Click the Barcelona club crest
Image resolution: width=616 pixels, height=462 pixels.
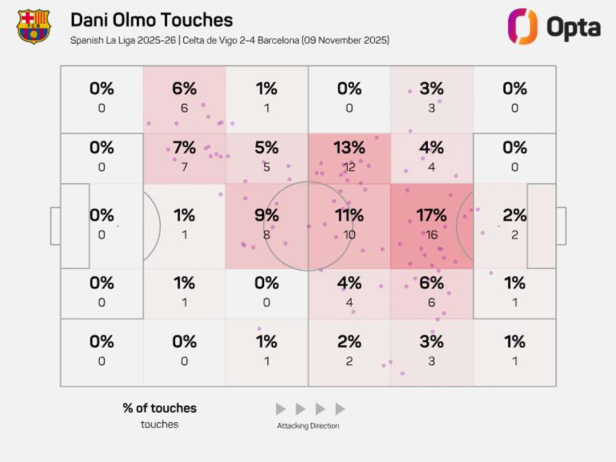click(x=34, y=27)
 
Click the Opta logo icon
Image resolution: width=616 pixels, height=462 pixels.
click(x=522, y=27)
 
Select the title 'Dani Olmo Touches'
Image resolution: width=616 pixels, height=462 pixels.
click(x=151, y=21)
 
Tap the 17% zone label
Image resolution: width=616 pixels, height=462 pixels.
click(x=431, y=216)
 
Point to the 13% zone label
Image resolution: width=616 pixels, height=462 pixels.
click(x=349, y=148)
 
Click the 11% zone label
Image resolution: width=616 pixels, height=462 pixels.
click(x=349, y=216)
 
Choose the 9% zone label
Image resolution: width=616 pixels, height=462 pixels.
click(x=266, y=216)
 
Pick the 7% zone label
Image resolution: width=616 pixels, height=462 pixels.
click(x=184, y=148)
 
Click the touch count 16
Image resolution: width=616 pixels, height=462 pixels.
click(x=431, y=235)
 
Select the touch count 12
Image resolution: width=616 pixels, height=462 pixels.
click(x=349, y=167)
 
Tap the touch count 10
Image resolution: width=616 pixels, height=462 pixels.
click(x=349, y=235)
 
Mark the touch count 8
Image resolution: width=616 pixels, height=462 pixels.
click(x=266, y=235)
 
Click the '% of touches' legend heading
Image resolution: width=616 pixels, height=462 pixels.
click(x=159, y=408)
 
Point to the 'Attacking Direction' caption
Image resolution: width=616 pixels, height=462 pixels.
click(x=308, y=426)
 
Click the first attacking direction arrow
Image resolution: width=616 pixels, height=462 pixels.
click(x=281, y=409)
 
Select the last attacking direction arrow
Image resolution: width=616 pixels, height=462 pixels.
click(x=340, y=409)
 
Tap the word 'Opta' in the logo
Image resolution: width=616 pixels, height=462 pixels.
click(x=573, y=27)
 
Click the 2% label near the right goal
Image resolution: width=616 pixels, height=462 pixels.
click(x=515, y=216)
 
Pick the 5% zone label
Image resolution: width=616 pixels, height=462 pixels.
click(x=266, y=148)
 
